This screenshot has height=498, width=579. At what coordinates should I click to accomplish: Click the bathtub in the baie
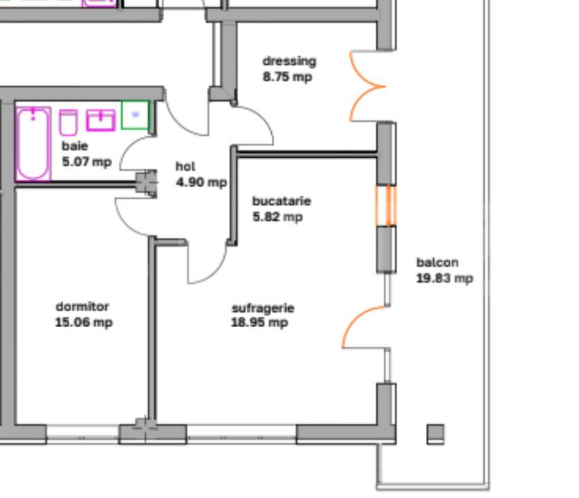click(x=33, y=143)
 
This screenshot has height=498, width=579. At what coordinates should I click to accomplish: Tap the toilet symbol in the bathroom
click(x=68, y=122)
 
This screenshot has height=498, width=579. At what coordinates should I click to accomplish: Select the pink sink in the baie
click(x=100, y=120)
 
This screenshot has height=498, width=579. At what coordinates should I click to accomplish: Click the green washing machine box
click(x=136, y=114)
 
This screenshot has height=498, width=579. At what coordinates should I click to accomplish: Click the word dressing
click(x=289, y=62)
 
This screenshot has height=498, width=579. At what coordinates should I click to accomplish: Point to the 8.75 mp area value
click(x=287, y=77)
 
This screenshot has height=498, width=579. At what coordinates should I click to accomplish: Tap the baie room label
click(x=75, y=146)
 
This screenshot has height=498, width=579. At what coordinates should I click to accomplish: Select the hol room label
click(x=185, y=167)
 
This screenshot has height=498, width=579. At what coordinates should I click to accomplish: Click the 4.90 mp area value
click(x=201, y=183)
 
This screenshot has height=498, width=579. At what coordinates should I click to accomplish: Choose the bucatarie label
click(x=282, y=201)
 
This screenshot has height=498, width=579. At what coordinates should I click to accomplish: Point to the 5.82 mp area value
click(x=277, y=217)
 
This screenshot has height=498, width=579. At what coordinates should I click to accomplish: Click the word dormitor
click(x=82, y=306)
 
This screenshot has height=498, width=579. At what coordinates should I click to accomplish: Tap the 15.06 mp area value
click(x=84, y=322)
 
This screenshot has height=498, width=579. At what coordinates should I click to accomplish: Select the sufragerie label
click(x=263, y=308)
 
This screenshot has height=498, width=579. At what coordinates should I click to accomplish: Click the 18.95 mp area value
click(x=259, y=323)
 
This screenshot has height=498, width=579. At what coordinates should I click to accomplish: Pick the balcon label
click(x=437, y=263)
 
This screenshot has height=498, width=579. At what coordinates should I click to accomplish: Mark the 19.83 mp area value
click(x=445, y=278)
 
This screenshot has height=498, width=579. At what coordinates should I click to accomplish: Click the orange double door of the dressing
click(x=367, y=86)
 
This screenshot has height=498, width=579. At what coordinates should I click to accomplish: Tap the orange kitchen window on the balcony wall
click(x=387, y=205)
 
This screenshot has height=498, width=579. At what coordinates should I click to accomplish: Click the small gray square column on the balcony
click(x=435, y=434)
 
